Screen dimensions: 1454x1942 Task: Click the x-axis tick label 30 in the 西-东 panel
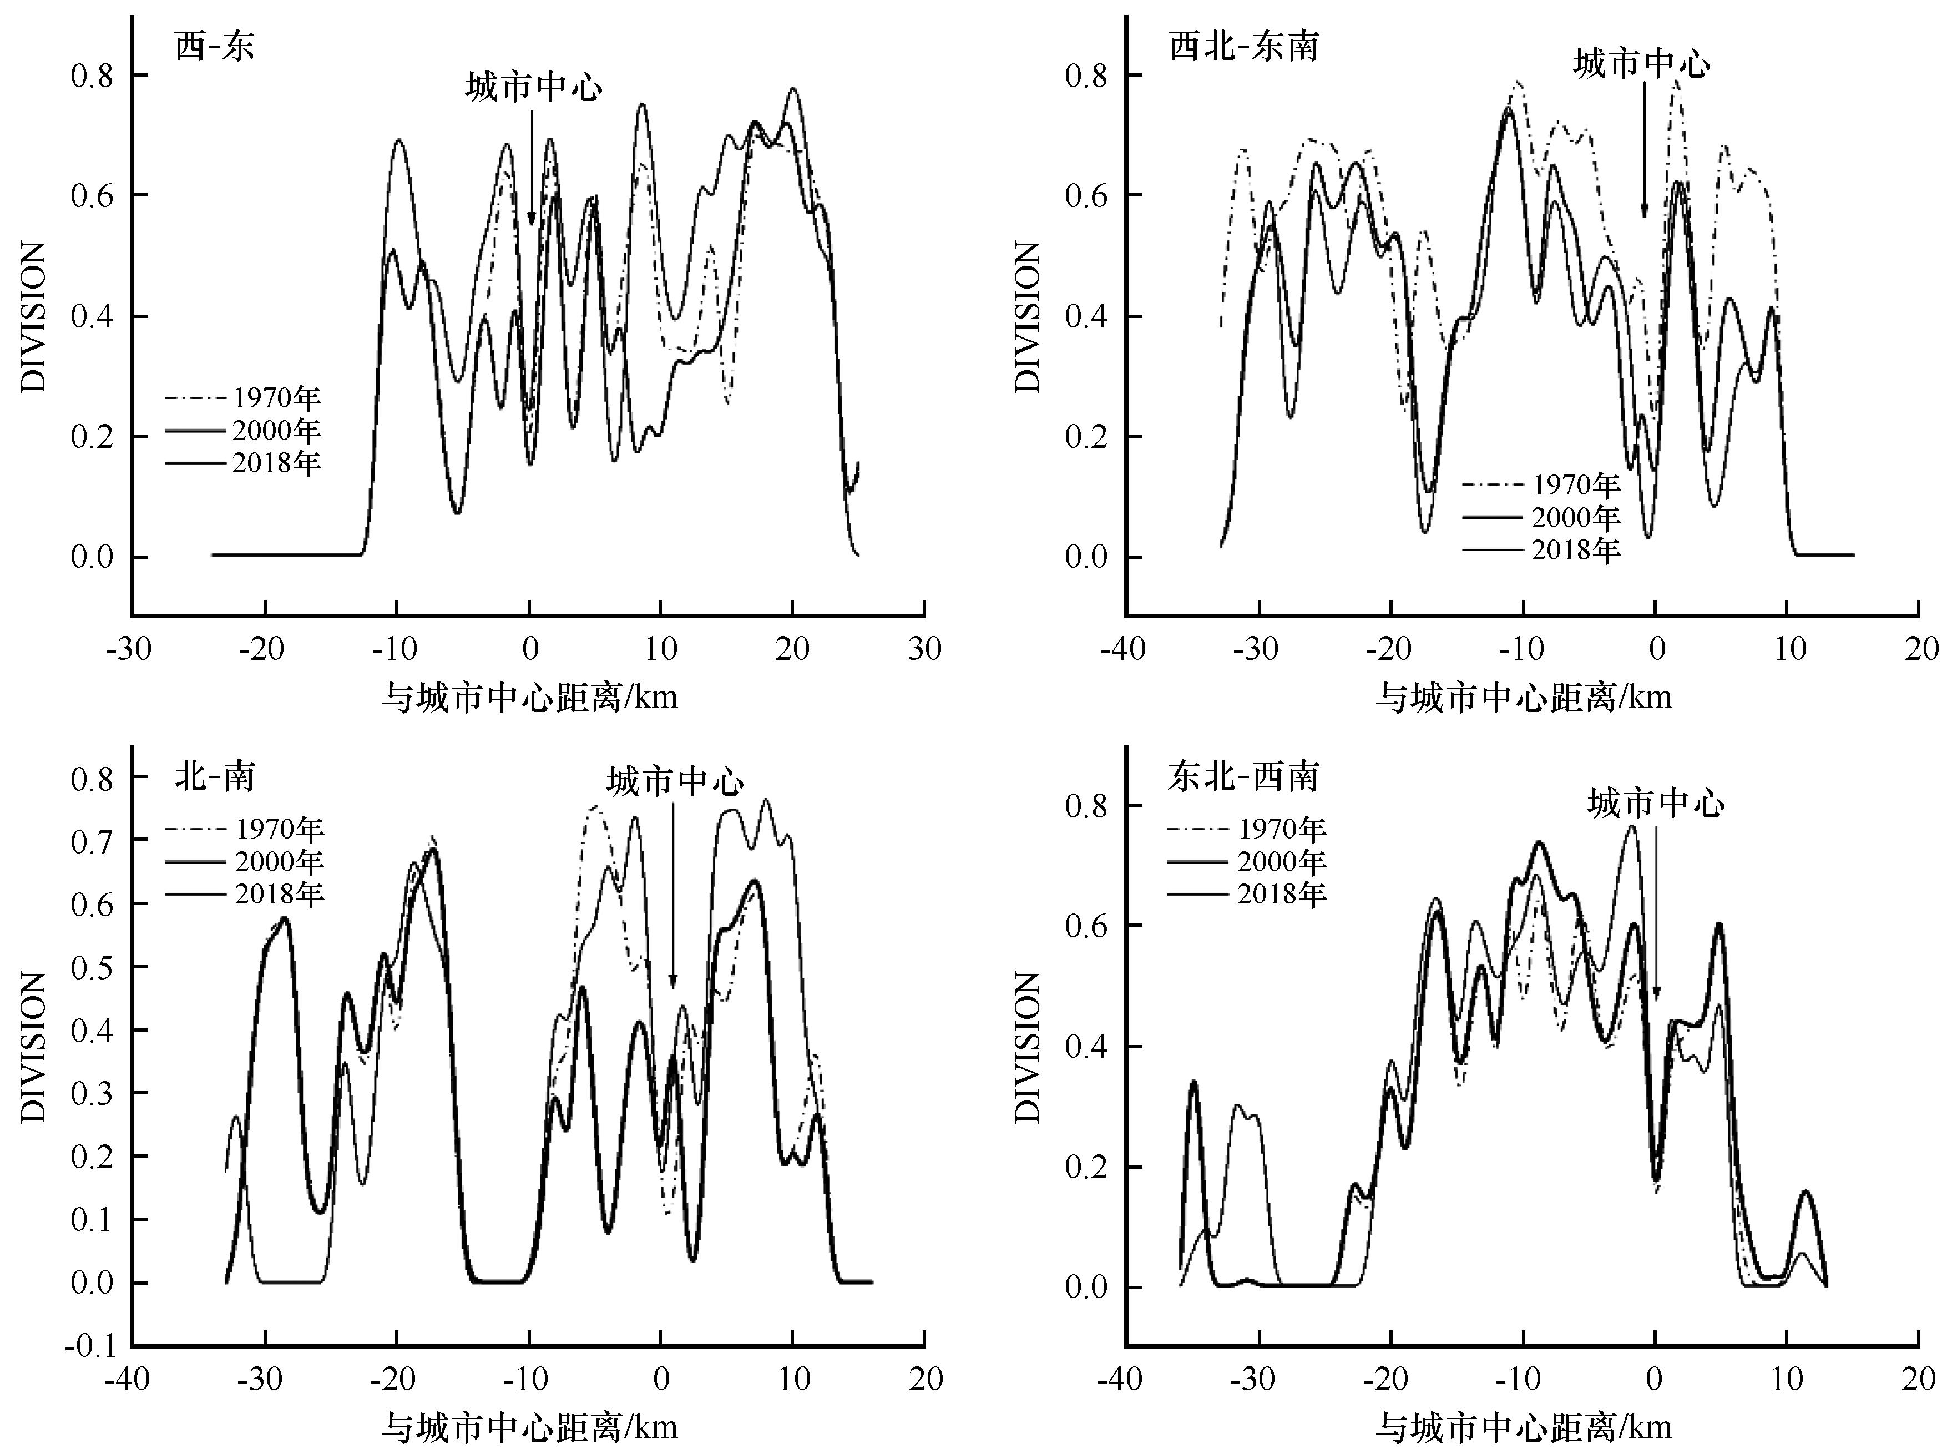point(924,650)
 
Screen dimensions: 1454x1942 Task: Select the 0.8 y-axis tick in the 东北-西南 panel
point(1086,805)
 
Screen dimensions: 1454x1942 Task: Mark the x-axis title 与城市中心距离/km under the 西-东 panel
point(529,698)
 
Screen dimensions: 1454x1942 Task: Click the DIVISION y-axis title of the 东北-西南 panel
point(1026,1047)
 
